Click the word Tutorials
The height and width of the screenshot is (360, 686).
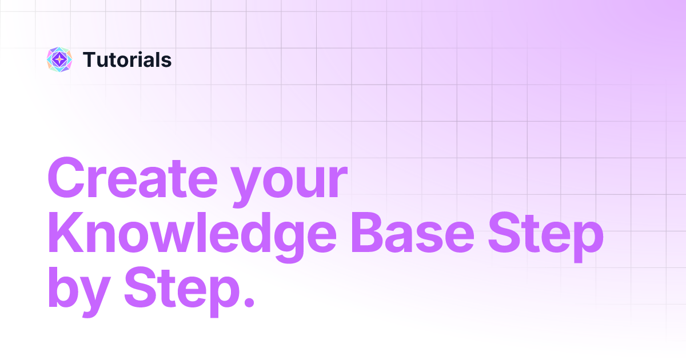[127, 59]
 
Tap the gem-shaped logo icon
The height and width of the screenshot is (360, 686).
[59, 59]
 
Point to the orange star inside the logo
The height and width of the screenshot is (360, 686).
[59, 59]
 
